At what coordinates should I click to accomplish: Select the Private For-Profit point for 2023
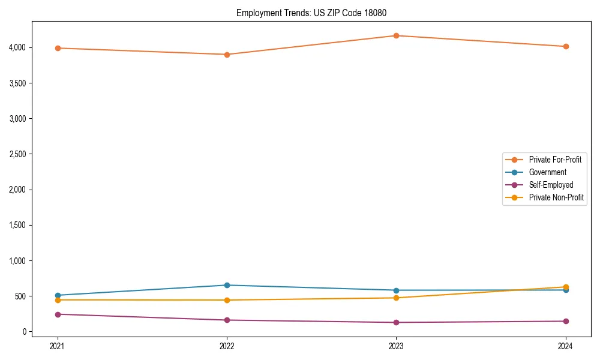(396, 35)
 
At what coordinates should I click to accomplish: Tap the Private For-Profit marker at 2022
(227, 55)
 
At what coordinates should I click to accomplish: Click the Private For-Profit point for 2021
(58, 48)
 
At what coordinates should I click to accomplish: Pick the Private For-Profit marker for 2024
(565, 46)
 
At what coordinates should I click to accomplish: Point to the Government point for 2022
(227, 285)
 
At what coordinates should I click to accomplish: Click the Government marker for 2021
(58, 295)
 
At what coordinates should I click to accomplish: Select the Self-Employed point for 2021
(58, 314)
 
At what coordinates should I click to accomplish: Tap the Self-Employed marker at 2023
(396, 322)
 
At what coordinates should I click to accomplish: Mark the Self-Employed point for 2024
(565, 321)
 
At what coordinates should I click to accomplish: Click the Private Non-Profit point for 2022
(227, 300)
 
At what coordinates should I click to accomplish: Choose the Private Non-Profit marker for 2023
(396, 298)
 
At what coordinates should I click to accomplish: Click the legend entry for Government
(547, 172)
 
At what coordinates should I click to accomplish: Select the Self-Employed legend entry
(551, 185)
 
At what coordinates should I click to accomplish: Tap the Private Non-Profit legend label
(556, 197)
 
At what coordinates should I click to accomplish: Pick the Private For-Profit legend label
(555, 160)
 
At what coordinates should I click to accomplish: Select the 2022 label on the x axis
(227, 346)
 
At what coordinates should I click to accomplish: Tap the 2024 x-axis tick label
(565, 346)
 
